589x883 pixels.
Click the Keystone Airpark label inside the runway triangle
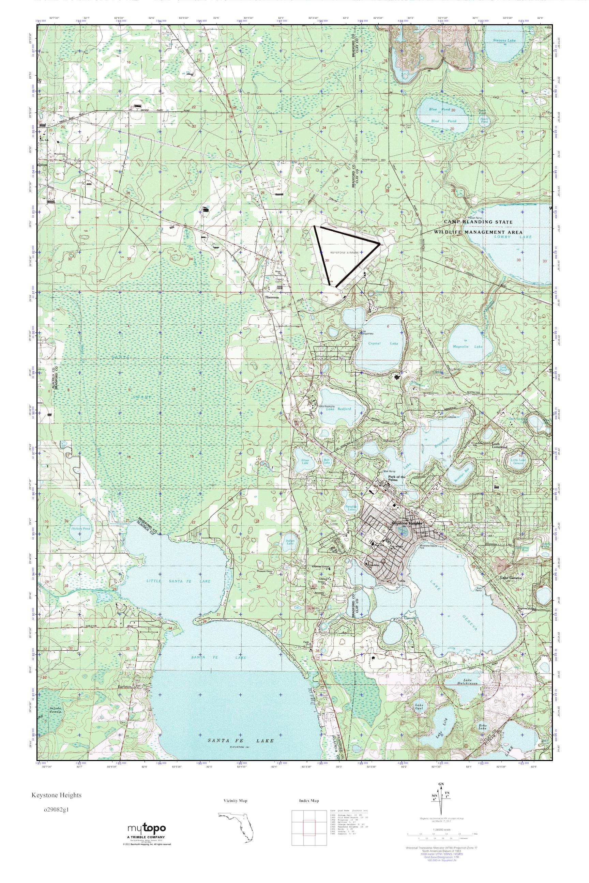(x=345, y=253)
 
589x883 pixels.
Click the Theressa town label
(x=272, y=297)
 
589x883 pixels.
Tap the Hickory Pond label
(x=78, y=529)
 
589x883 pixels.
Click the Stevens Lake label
(x=504, y=40)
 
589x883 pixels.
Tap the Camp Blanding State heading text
(x=478, y=222)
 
